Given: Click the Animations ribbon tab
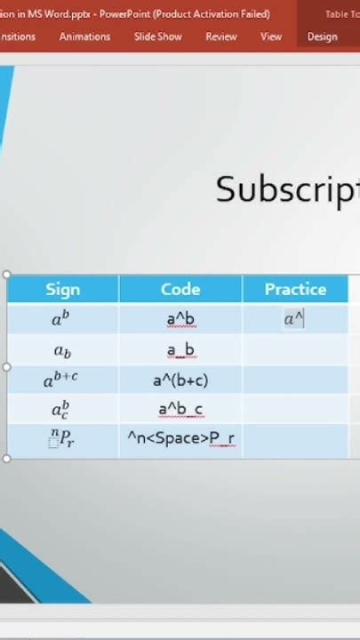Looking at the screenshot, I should (84, 36).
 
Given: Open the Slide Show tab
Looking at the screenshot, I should (157, 36).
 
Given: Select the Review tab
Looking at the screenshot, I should (220, 36).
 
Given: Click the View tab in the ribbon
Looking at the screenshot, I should (271, 36).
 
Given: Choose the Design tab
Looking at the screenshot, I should (322, 36).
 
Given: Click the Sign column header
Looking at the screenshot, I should (62, 289).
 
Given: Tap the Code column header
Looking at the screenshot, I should (180, 289).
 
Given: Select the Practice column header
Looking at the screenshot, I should (295, 289).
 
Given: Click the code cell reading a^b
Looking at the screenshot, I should (180, 320).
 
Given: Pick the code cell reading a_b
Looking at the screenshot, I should (180, 350).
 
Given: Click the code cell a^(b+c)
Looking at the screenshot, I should (180, 380).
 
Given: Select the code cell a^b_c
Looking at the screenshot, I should (180, 410).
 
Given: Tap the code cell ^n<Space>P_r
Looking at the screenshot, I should (180, 439).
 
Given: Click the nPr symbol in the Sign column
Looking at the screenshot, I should (61, 439).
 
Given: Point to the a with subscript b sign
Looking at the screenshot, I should (61, 351).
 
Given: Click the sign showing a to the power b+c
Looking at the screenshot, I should (61, 380).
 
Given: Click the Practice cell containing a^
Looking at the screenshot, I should (293, 320).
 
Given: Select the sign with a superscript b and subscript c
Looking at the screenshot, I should (61, 410).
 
